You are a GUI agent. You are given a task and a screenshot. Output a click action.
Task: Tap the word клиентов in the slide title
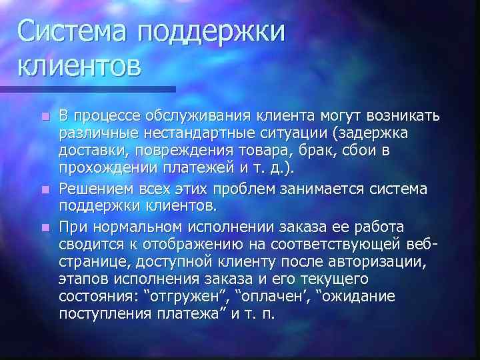[x=79, y=67]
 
